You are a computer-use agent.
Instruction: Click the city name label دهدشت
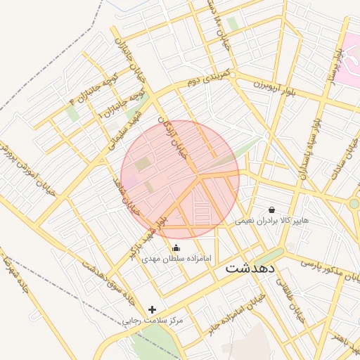(x=252, y=269)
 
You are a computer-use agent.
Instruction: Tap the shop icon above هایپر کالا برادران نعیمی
(x=271, y=210)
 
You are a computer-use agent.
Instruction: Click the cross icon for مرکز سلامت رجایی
(x=152, y=309)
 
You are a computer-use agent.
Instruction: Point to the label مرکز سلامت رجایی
(x=153, y=321)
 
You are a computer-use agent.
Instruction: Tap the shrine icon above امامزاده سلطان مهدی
(x=176, y=247)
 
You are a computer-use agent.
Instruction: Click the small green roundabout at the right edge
(x=354, y=204)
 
